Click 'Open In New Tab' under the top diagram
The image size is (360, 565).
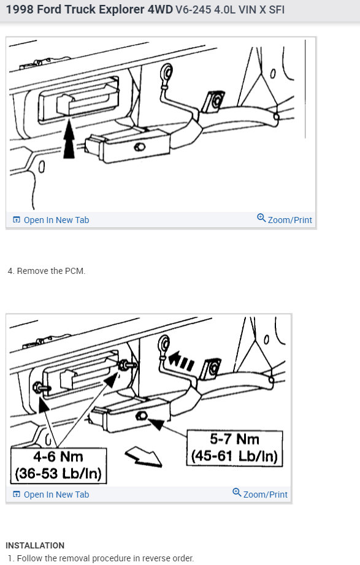[x=56, y=220]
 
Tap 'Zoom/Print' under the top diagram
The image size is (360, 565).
[x=289, y=220]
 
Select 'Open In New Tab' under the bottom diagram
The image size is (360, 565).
[x=56, y=495]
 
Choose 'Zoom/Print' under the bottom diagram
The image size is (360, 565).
[x=265, y=494]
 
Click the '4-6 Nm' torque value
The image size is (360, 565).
[x=58, y=457]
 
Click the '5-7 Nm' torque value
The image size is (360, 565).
[x=235, y=439]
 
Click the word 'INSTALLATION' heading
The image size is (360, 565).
[x=35, y=545]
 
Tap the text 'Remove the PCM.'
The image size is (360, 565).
[x=51, y=271]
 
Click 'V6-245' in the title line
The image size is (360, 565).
[x=191, y=10]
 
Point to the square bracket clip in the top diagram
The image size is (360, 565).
[x=214, y=100]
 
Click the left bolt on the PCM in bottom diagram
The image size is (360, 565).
[x=39, y=387]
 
